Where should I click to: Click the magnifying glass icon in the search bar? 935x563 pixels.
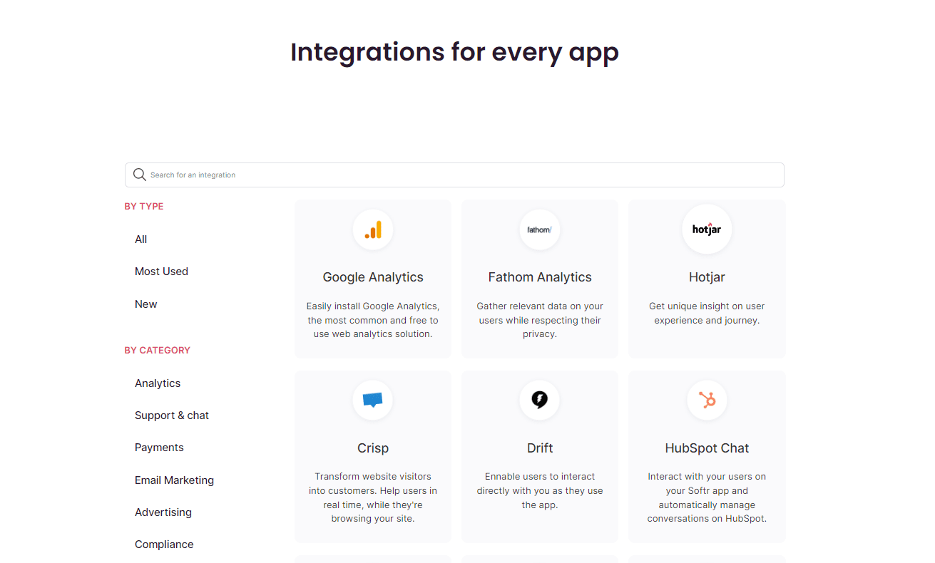pyautogui.click(x=139, y=175)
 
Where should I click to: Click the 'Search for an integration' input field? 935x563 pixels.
pyautogui.click(x=454, y=175)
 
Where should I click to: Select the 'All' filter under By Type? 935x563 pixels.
pyautogui.click(x=140, y=239)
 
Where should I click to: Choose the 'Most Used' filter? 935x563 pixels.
pyautogui.click(x=161, y=272)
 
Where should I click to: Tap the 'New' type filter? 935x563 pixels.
pyautogui.click(x=145, y=304)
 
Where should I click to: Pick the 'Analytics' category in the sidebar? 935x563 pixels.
pyautogui.click(x=158, y=383)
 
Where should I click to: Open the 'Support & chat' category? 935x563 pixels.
pyautogui.click(x=172, y=415)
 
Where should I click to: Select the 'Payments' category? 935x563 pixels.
pyautogui.click(x=159, y=448)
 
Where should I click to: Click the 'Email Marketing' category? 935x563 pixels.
pyautogui.click(x=174, y=480)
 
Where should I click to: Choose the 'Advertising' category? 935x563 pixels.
pyautogui.click(x=163, y=512)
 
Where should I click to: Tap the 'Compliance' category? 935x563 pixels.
pyautogui.click(x=164, y=544)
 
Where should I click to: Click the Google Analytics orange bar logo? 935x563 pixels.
pyautogui.click(x=373, y=229)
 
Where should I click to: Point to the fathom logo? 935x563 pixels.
pyautogui.click(x=539, y=229)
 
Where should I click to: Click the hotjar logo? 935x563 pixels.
pyautogui.click(x=707, y=229)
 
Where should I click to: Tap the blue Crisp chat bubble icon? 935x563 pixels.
pyautogui.click(x=373, y=400)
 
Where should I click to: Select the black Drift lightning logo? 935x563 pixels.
pyautogui.click(x=539, y=400)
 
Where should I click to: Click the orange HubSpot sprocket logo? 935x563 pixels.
pyautogui.click(x=707, y=400)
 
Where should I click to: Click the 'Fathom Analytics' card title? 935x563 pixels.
pyautogui.click(x=540, y=277)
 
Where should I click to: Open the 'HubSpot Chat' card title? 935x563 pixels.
pyautogui.click(x=707, y=448)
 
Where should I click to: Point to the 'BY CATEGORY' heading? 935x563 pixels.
pyautogui.click(x=158, y=351)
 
